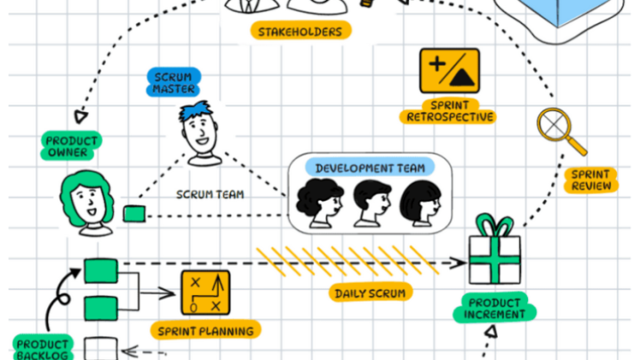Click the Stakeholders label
[300, 32]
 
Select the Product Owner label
[71, 147]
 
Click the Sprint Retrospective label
[449, 110]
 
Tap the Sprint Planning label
[205, 331]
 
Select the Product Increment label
[495, 308]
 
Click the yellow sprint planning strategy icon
[205, 293]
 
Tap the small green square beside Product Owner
[133, 214]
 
